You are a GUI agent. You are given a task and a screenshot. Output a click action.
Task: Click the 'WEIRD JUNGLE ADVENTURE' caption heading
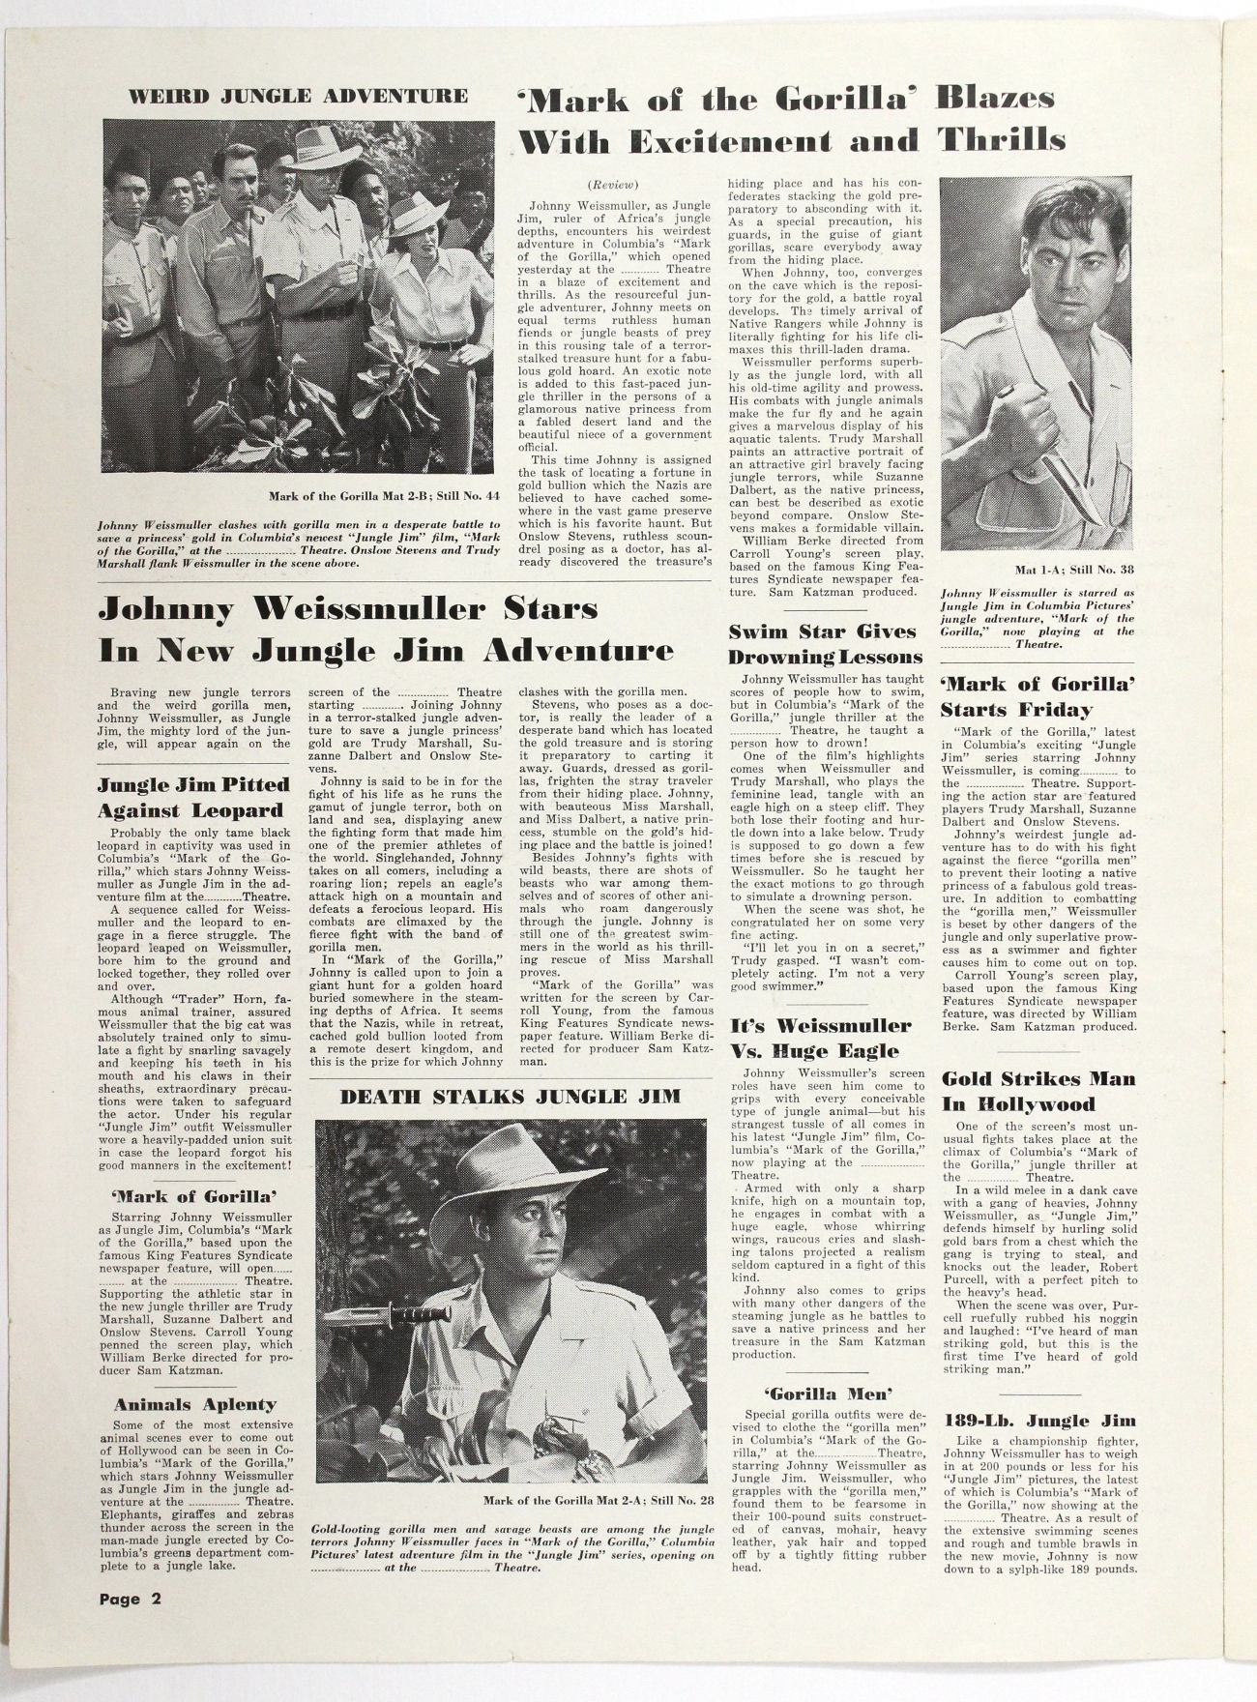(x=298, y=96)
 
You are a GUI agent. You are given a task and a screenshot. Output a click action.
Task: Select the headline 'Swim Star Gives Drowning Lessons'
(x=824, y=644)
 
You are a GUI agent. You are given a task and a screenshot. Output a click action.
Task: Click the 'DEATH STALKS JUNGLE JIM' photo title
(x=511, y=1096)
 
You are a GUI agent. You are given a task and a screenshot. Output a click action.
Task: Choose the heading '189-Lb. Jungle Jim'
(x=1039, y=1421)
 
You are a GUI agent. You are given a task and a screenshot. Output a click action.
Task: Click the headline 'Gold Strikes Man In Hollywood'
(x=1038, y=1092)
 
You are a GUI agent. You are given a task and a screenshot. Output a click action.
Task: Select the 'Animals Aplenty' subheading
(x=194, y=1404)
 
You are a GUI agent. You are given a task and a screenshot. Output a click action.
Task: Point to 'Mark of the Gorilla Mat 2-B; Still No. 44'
(x=384, y=497)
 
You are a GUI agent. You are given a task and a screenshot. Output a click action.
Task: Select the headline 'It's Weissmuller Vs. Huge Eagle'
(x=820, y=1039)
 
